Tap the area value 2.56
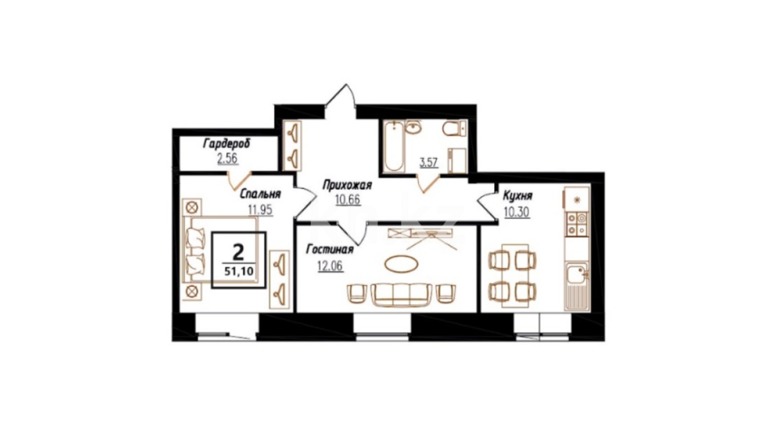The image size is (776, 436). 227,159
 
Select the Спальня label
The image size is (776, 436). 260,194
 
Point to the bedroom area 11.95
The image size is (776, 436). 260,210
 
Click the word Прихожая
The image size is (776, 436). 347,186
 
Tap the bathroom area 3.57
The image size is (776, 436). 429,163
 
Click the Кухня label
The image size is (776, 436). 517,196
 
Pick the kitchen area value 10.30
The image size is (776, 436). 517,212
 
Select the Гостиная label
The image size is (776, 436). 330,249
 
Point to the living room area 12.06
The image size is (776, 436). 330,266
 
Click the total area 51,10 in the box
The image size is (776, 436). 239,271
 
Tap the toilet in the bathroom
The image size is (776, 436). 454,128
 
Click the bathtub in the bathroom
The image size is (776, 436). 393,146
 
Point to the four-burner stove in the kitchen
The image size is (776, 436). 577,224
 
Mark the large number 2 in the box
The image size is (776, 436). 238,252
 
